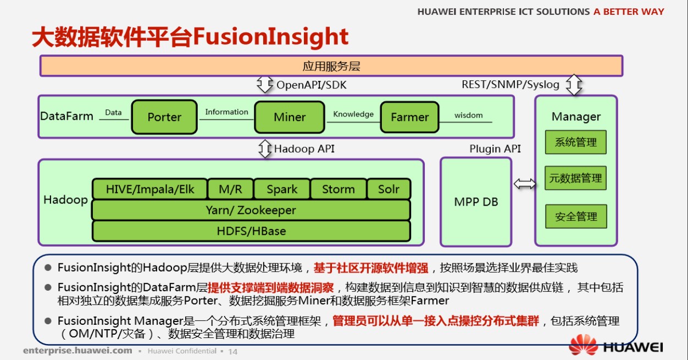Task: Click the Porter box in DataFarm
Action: click(x=164, y=117)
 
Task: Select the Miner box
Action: click(x=289, y=117)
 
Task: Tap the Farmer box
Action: click(x=409, y=117)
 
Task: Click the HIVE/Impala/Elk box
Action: click(x=149, y=190)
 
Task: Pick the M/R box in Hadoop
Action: click(x=230, y=190)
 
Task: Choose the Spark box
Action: click(x=282, y=190)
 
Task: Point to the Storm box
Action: click(x=338, y=190)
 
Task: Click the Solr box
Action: click(x=389, y=190)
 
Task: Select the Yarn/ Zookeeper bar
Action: click(x=251, y=210)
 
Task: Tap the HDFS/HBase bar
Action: click(x=251, y=231)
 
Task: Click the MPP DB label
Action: click(x=476, y=202)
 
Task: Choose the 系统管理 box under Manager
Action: click(x=575, y=142)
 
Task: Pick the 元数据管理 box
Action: click(x=575, y=179)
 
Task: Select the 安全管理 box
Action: click(x=575, y=217)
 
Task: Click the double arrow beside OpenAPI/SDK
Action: click(x=265, y=85)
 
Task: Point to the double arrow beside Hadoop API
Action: click(x=265, y=149)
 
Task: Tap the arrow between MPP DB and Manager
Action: click(x=524, y=184)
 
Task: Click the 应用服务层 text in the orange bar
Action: click(x=331, y=67)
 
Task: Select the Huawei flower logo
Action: click(x=582, y=345)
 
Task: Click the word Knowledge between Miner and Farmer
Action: click(x=353, y=114)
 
